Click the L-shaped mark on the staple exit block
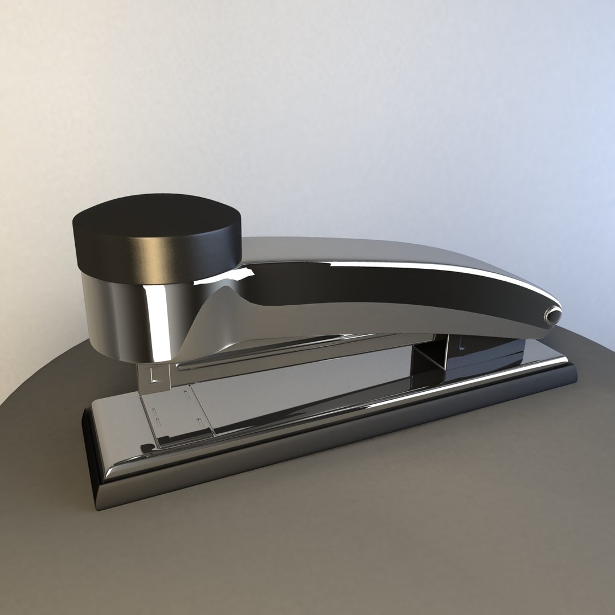(151, 376)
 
